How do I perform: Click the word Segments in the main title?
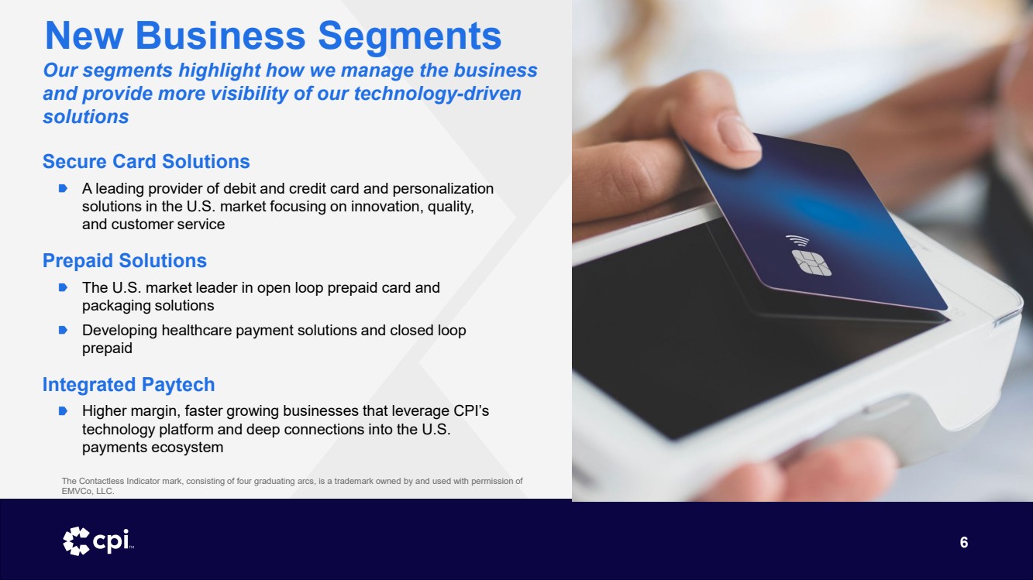pos(409,36)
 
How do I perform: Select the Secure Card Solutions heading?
pos(146,161)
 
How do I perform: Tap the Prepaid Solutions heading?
pos(125,260)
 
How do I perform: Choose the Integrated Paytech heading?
pos(129,384)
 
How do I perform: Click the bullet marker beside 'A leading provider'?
pos(64,188)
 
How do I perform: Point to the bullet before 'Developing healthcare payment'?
pos(64,330)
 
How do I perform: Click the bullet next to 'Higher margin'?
pos(64,410)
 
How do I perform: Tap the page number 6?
pos(964,542)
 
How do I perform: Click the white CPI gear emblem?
pos(76,541)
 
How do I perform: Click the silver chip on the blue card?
pos(811,263)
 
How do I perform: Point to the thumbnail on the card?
pos(739,133)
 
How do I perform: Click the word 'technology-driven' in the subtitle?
pos(437,94)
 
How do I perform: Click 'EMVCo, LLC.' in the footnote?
pos(88,491)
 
